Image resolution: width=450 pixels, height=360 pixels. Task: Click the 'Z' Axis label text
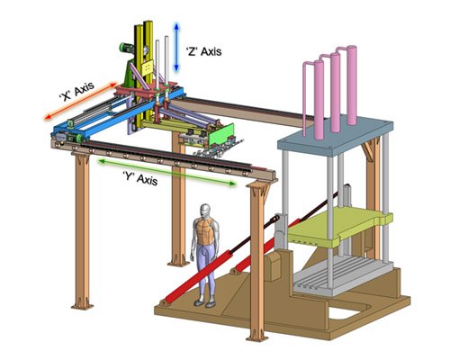pos(203,51)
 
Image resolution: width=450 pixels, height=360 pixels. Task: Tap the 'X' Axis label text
pos(77,91)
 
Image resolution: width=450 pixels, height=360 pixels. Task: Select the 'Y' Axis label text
pos(140,178)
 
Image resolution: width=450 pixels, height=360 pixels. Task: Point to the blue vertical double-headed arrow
pos(176,48)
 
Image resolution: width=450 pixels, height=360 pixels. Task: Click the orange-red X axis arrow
pos(80,101)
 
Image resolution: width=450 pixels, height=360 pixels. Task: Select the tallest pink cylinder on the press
pos(352,85)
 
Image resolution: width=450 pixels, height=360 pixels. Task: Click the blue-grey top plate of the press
pos(336,136)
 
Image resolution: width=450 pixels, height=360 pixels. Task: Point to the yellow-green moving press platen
pos(339,227)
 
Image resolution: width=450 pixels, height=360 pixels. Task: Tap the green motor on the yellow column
pos(126,48)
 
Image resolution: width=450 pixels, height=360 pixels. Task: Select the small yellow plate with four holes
pos(147,67)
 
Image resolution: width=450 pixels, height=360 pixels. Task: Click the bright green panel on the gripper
pos(221,134)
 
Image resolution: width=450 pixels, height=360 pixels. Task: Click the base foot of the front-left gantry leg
pos(82,307)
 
